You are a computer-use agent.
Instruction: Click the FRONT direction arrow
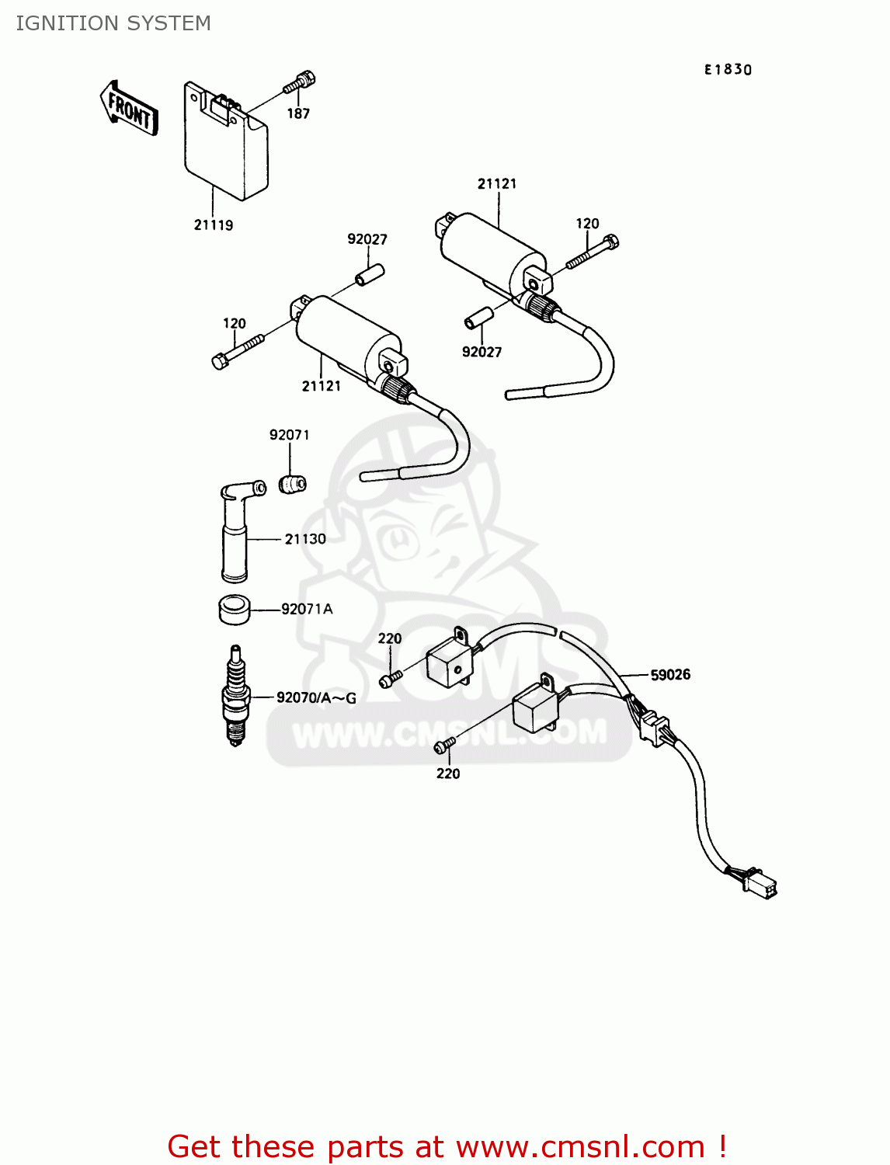129,109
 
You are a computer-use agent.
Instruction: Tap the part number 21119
214,225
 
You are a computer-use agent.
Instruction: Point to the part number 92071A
307,610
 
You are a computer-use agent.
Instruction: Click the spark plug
235,695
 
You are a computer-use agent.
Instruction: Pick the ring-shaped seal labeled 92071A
234,609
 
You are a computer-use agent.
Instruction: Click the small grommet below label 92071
293,484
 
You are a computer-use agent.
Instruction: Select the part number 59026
670,675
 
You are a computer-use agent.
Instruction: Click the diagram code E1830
728,70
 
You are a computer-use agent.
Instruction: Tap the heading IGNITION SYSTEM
113,23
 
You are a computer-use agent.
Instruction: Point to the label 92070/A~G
316,698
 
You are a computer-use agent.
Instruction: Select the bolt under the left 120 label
237,350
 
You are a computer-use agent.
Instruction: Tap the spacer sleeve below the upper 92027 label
370,275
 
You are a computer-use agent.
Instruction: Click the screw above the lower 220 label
444,746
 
